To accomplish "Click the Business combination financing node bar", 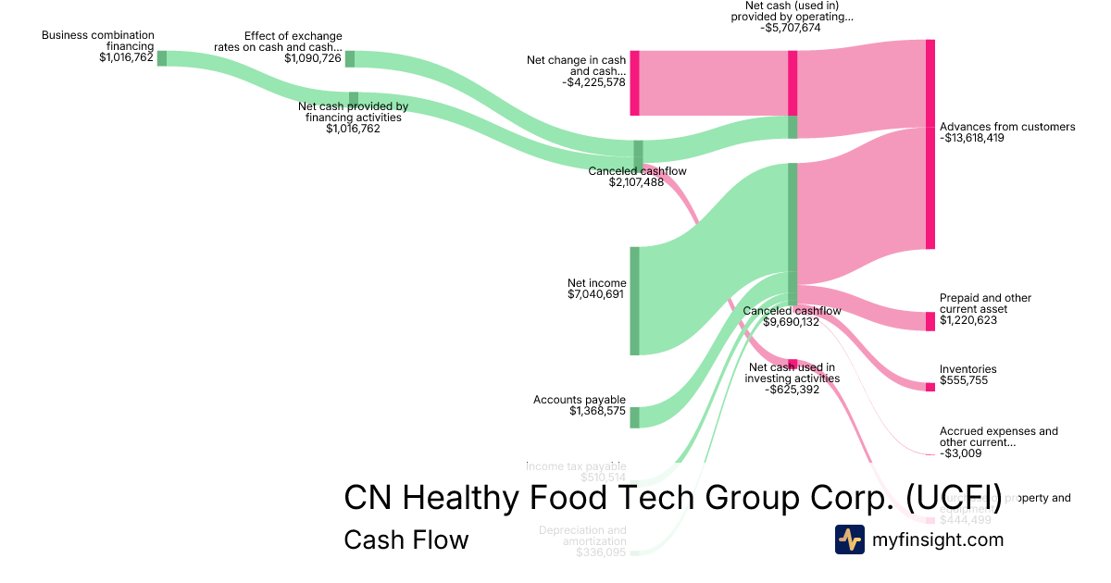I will (162, 58).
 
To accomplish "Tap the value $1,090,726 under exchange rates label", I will (313, 58).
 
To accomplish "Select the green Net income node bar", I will (635, 301).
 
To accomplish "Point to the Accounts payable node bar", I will (635, 417).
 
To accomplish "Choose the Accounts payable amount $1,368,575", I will (598, 411).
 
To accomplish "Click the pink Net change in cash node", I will (635, 83).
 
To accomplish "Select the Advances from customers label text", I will (1007, 127).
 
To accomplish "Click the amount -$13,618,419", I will (972, 138).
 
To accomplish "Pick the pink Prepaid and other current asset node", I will (930, 321).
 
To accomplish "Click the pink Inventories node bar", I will (930, 387).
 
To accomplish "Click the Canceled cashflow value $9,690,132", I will (793, 322).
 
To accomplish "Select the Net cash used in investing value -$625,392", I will (793, 390).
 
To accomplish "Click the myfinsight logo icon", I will (849, 540).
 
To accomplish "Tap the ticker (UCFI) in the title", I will (954, 497).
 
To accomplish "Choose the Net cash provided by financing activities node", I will (354, 99).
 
